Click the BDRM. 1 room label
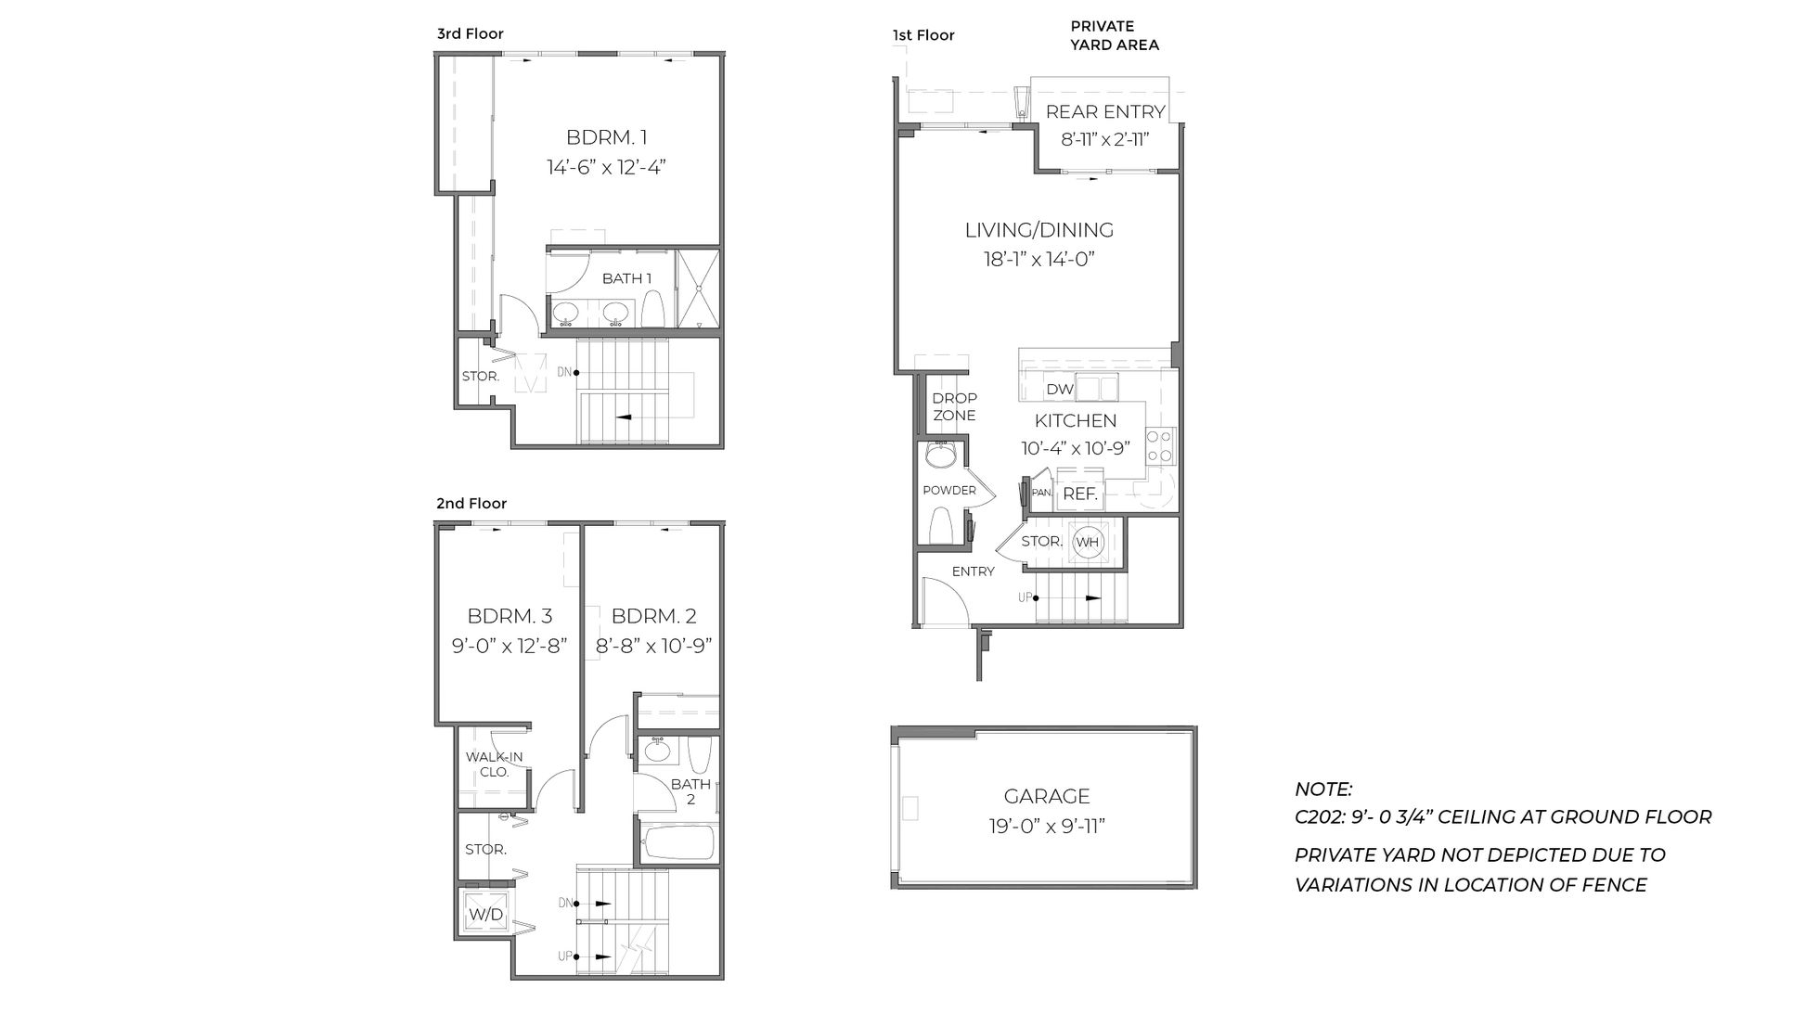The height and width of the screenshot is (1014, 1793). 606,137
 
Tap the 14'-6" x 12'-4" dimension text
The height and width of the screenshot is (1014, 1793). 606,168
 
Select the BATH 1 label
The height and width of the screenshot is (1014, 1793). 626,278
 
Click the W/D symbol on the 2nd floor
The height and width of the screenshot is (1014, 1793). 485,915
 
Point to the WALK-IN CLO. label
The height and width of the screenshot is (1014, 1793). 494,764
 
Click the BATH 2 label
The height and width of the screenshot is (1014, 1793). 690,791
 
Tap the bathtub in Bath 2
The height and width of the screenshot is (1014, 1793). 678,843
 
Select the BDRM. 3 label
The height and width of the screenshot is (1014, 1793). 510,616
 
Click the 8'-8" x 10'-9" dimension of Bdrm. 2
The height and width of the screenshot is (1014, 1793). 653,646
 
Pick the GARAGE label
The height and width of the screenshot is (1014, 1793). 1046,796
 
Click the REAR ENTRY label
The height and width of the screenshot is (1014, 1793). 1104,112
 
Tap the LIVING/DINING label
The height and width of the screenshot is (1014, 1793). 1038,230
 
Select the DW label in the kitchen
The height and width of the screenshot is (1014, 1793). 1059,390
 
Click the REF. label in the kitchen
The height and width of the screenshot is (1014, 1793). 1080,494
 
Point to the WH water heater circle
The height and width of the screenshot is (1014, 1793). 1087,542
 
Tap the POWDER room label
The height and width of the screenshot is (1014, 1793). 948,490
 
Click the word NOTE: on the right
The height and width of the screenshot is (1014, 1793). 1323,789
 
